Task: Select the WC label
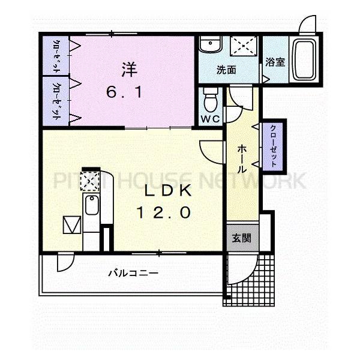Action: [210, 118]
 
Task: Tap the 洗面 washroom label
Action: [226, 70]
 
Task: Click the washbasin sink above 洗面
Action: [211, 46]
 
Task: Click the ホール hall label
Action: [241, 158]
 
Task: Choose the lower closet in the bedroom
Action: [56, 101]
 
